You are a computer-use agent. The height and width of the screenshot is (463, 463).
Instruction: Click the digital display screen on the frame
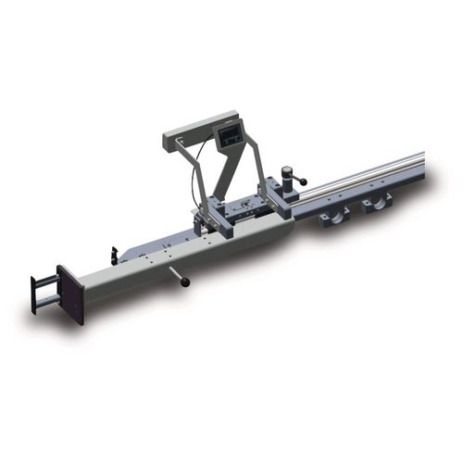(228, 138)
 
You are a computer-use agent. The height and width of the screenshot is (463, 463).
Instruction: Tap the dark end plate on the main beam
(70, 294)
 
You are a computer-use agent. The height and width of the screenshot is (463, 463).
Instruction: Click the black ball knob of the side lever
(185, 282)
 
